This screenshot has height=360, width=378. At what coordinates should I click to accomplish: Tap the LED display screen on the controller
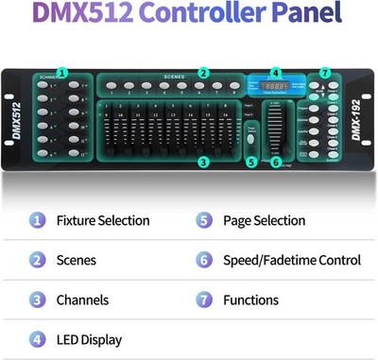click(x=274, y=87)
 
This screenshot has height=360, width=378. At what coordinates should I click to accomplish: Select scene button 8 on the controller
click(x=232, y=87)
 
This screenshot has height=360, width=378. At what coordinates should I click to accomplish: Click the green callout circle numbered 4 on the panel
click(x=275, y=72)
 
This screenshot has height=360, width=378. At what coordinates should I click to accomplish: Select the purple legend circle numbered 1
click(x=37, y=220)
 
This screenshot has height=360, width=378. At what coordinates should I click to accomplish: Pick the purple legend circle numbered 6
click(x=203, y=260)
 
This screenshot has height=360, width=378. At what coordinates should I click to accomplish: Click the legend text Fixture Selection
click(x=103, y=220)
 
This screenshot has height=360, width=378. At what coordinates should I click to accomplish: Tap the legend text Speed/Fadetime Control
click(x=292, y=260)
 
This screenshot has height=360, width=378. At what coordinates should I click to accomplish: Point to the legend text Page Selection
click(x=264, y=220)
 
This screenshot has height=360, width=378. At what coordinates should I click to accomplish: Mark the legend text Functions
click(x=250, y=300)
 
